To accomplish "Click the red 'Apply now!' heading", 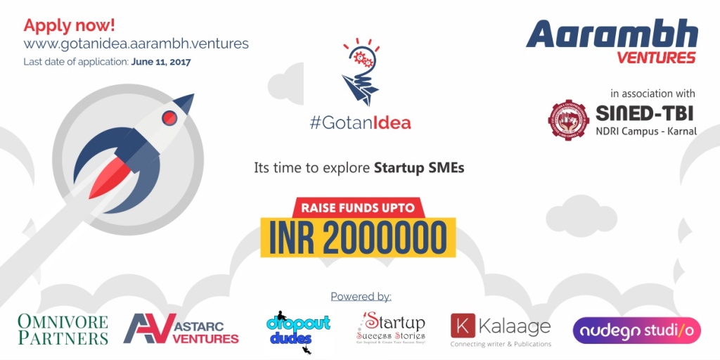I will pyautogui.click(x=69, y=26).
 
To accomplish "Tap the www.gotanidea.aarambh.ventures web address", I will pyautogui.click(x=136, y=44).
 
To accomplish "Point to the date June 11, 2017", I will pyautogui.click(x=161, y=62).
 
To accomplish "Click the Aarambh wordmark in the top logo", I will pyautogui.click(x=612, y=34).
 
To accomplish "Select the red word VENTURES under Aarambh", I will pyautogui.click(x=656, y=58).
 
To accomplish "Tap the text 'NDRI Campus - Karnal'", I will pyautogui.click(x=645, y=131).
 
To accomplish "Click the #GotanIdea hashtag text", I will pyautogui.click(x=360, y=123).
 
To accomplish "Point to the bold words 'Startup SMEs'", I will pyautogui.click(x=419, y=169).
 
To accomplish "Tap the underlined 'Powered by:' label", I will pyautogui.click(x=361, y=297).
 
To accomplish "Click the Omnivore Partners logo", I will pyautogui.click(x=63, y=330).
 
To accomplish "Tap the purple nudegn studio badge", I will pyautogui.click(x=636, y=330).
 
